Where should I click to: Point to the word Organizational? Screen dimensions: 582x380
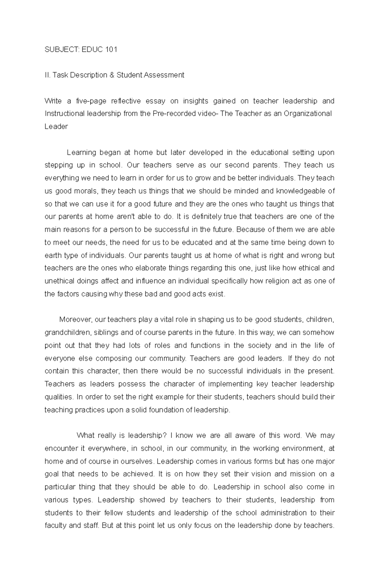[308, 114]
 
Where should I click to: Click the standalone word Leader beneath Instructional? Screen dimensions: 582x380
[56, 127]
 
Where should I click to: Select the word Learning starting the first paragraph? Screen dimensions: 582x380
[82, 153]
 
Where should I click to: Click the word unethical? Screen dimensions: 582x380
[59, 281]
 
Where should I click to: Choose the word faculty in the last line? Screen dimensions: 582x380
[55, 526]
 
